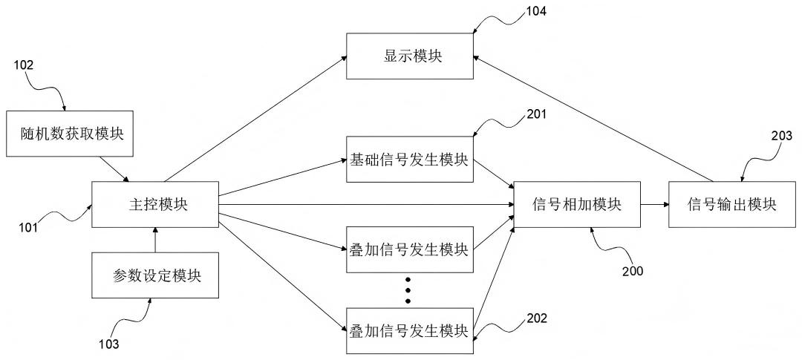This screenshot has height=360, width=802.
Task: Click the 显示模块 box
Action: point(410,56)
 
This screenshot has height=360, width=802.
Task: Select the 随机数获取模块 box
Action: point(71,134)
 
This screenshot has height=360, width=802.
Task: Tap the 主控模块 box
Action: point(154,203)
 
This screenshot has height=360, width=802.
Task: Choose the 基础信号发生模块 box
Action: point(410,159)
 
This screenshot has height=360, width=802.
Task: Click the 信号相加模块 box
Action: point(577,203)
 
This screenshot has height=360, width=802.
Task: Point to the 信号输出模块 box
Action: point(732,203)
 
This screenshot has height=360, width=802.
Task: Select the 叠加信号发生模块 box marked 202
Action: point(410,330)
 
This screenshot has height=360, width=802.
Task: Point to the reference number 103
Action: point(109,344)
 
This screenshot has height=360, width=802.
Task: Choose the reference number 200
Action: point(633,271)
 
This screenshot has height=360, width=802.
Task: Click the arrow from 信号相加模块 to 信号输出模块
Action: point(654,203)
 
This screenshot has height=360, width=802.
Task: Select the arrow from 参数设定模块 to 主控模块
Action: point(154,239)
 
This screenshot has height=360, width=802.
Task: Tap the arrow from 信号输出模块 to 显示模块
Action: point(594,118)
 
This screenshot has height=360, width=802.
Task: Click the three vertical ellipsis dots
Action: point(408,290)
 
